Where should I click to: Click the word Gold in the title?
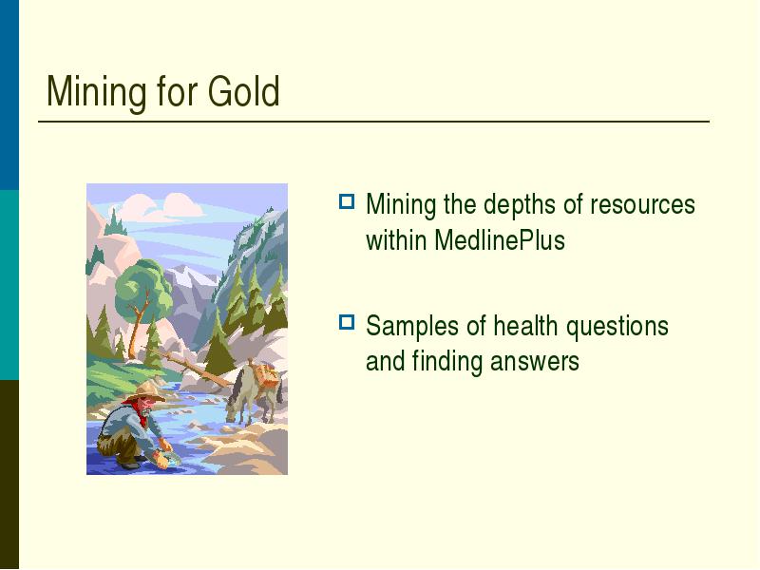point(244,91)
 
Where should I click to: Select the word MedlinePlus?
point(500,240)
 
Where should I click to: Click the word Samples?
point(410,327)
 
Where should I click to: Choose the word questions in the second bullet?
point(617,327)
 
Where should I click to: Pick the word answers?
point(534,362)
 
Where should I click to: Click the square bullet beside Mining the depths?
point(347,201)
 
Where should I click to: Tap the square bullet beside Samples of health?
point(347,322)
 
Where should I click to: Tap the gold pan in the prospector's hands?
point(170,458)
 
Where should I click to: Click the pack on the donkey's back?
point(266,375)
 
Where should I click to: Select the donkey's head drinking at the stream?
point(233,408)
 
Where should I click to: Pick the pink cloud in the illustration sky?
point(162,206)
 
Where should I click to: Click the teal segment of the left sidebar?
point(9,285)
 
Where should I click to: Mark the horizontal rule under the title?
point(373,122)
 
